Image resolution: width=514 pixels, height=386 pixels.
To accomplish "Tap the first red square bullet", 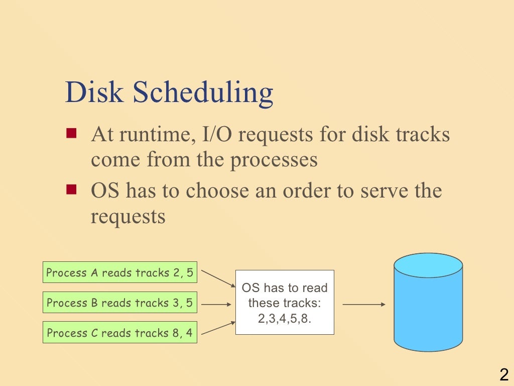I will [x=71, y=134].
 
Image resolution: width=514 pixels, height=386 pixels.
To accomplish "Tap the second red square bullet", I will [x=71, y=189].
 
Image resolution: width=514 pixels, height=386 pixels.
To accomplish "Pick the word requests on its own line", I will [x=128, y=216].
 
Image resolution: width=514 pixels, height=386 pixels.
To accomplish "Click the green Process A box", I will [x=119, y=273].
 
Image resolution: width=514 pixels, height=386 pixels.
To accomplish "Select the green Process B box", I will [x=119, y=303].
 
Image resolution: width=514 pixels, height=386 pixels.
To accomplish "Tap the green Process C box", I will [x=119, y=333].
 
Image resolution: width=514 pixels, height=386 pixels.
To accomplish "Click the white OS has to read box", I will [x=285, y=302].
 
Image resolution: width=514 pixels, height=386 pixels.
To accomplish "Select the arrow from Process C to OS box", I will [x=218, y=327].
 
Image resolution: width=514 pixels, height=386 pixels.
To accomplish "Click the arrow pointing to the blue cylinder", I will [x=363, y=304].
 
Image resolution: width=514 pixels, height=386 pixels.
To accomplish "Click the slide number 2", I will [x=503, y=374].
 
